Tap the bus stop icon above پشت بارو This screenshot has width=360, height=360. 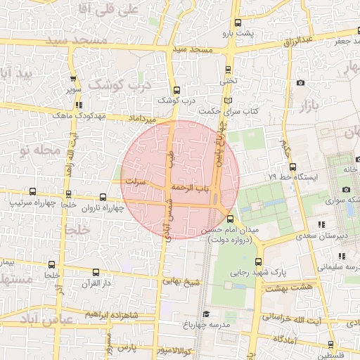(237, 23)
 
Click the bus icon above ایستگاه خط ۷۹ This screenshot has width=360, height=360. (292, 167)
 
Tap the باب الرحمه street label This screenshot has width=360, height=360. (189, 188)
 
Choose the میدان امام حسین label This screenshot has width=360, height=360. (231, 230)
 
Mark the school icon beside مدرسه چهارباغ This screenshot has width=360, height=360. (205, 314)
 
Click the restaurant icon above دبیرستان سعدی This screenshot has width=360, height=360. (321, 225)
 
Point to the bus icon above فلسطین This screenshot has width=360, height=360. (332, 345)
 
